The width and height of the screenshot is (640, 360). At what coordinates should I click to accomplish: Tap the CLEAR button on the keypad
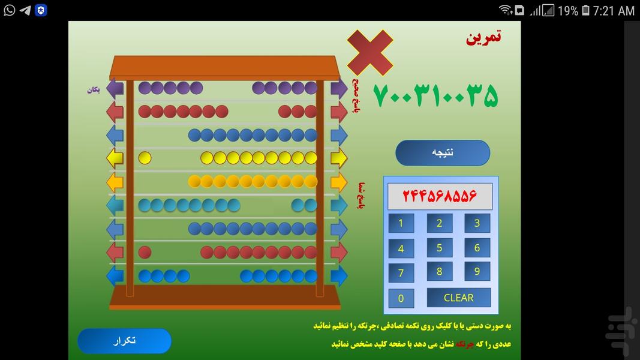coord(458,298)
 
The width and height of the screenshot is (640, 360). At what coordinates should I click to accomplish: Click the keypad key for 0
coord(401,298)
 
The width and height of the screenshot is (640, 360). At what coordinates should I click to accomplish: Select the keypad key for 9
coord(477,271)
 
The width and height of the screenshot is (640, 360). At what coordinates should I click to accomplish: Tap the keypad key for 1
coord(401,224)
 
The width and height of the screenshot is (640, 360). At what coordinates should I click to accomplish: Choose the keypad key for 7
coord(401,273)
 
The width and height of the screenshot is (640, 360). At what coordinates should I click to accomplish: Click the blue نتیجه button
coord(443,152)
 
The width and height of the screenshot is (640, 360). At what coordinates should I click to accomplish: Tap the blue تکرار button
coord(124,341)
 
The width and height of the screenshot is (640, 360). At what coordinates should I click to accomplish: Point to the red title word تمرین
coord(483,37)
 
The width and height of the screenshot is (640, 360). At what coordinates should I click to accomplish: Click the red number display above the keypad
coord(440,196)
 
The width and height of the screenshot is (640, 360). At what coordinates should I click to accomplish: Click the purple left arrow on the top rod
coord(115,89)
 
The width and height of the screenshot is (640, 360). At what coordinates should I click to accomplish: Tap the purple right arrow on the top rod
coord(339,89)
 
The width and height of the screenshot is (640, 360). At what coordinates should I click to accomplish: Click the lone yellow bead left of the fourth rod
coord(145,158)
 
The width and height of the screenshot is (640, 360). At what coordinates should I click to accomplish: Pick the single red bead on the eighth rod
coord(145,252)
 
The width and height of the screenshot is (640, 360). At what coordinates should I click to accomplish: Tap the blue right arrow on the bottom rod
coord(339,276)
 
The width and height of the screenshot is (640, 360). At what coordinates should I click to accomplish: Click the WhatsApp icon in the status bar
coord(9,10)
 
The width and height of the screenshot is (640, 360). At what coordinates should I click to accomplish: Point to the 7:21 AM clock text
coord(613,11)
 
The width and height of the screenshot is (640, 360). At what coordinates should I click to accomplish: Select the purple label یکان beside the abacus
coord(93,90)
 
